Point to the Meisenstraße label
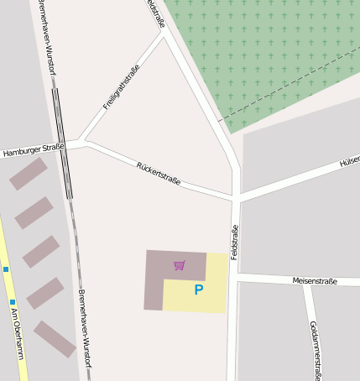[x=315, y=281]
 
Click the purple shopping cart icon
[x=179, y=266]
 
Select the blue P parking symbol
[x=199, y=290]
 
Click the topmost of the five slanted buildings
[x=29, y=174]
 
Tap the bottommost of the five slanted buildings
[x=55, y=339]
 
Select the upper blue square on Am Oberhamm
[x=6, y=269]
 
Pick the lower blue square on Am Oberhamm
[x=13, y=302]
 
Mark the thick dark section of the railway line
[x=62, y=143]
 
